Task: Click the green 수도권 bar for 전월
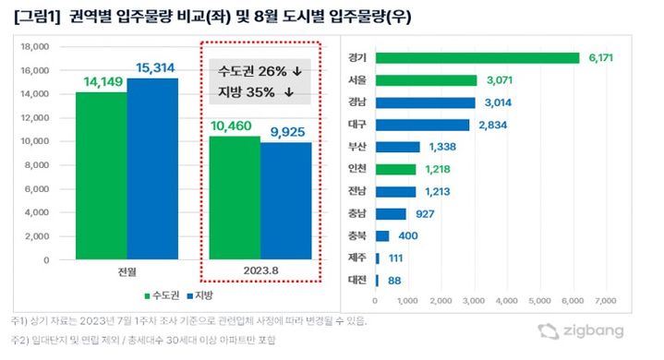click(x=102, y=175)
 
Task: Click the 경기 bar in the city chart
click(x=477, y=58)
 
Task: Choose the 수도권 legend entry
click(x=162, y=296)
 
